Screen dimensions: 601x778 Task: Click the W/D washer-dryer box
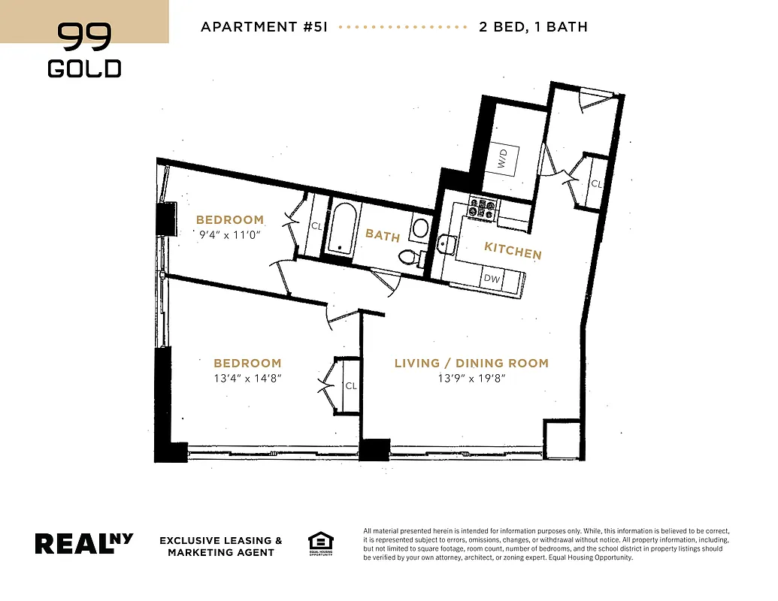(502, 159)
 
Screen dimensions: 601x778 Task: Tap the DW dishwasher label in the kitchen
(492, 279)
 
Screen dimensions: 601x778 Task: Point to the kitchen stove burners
(483, 208)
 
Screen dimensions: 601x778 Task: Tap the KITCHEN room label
(512, 250)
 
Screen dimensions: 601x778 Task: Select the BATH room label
(382, 235)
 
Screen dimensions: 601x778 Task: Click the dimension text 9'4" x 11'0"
(230, 234)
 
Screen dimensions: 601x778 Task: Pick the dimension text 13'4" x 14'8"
(247, 378)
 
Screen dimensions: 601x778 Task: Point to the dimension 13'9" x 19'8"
(471, 378)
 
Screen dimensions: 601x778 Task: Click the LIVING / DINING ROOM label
(471, 363)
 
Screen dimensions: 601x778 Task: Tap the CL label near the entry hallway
(595, 183)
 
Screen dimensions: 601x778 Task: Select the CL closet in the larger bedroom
(350, 385)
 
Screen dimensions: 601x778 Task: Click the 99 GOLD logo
(84, 50)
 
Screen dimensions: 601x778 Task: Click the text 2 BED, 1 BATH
(533, 27)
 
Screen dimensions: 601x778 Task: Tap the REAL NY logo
(84, 543)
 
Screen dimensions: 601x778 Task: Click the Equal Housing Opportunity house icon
(320, 542)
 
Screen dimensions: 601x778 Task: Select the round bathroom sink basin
(420, 228)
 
